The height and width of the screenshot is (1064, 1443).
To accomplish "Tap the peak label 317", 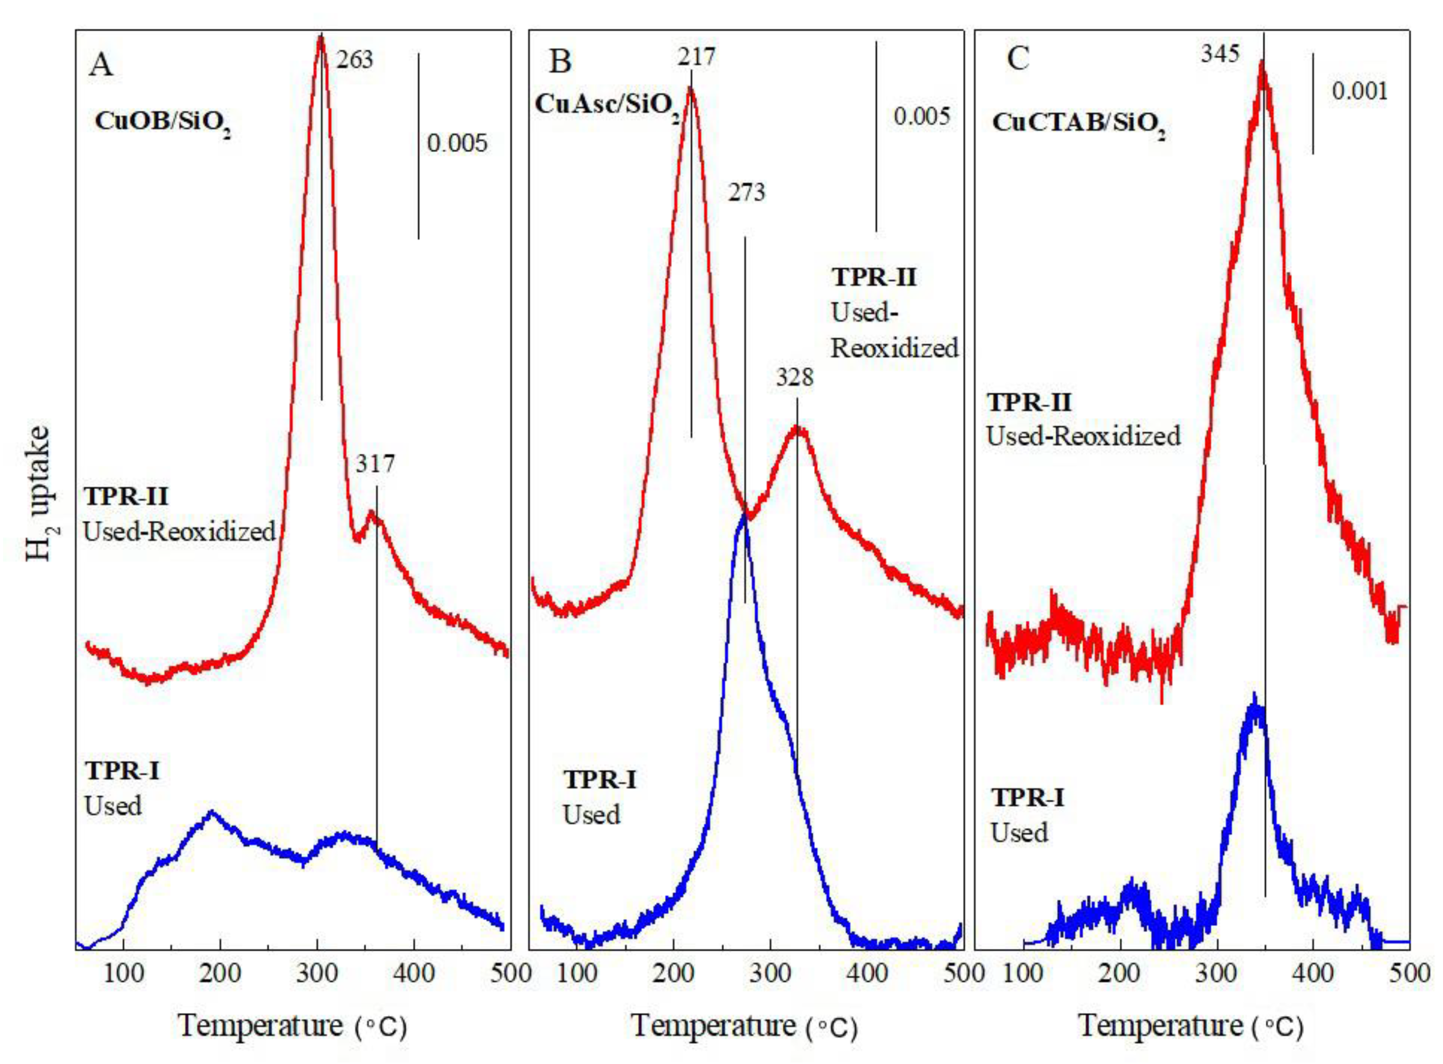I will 375,463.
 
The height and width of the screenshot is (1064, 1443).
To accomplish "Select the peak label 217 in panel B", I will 696,57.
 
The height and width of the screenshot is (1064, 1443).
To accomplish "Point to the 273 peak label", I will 747,192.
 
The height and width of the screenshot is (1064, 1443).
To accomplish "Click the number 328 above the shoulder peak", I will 794,377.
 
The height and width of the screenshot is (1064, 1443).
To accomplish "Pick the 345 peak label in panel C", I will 1220,54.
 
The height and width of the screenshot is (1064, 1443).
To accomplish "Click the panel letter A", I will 101,65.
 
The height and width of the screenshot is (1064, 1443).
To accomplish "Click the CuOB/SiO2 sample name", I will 162,123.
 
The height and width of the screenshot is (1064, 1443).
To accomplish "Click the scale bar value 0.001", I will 1359,91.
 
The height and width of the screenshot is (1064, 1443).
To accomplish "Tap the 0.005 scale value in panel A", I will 457,143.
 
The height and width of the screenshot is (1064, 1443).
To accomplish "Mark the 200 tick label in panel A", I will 220,973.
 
